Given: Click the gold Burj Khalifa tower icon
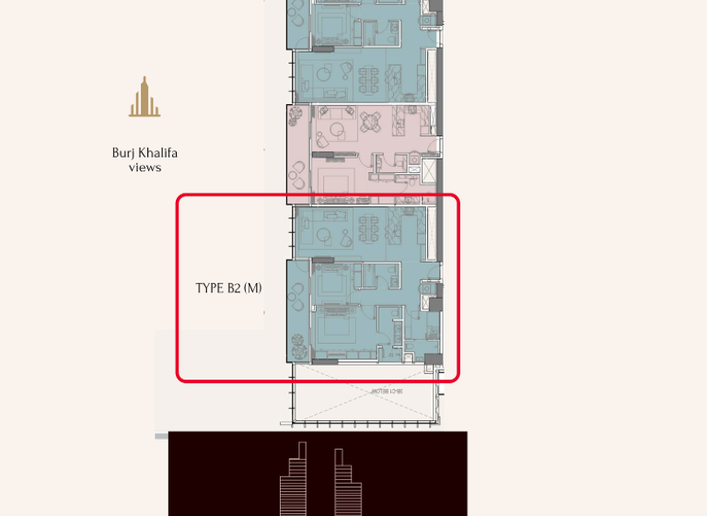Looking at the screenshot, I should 145,98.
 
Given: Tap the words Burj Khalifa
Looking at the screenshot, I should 145,153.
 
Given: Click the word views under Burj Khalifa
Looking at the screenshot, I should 145,168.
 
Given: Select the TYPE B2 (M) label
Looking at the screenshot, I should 228,287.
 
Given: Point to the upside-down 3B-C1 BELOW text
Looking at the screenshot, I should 383,393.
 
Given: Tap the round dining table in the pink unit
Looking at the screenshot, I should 371,120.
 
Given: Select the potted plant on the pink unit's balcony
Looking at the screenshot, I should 295,116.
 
